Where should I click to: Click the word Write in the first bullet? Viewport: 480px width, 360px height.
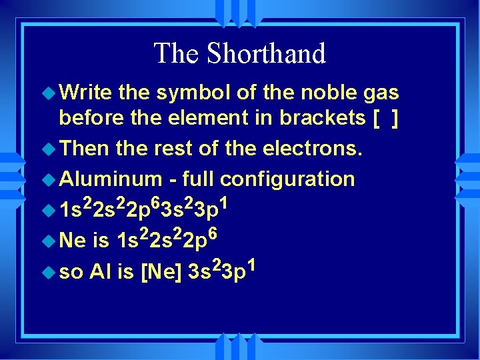click(85, 92)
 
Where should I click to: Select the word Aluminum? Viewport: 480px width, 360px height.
click(111, 178)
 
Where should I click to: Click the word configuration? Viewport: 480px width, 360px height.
click(287, 179)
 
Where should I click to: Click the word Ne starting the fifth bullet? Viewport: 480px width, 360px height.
click(72, 239)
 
